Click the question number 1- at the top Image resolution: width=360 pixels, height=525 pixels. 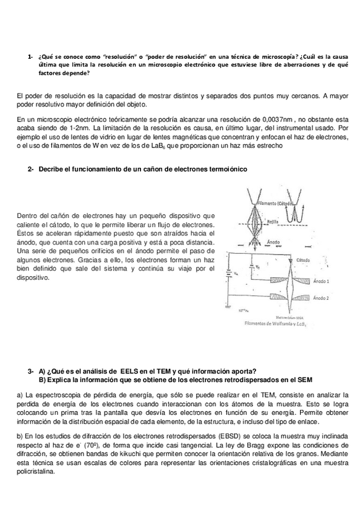30,56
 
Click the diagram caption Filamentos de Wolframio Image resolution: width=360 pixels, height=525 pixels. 275,323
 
